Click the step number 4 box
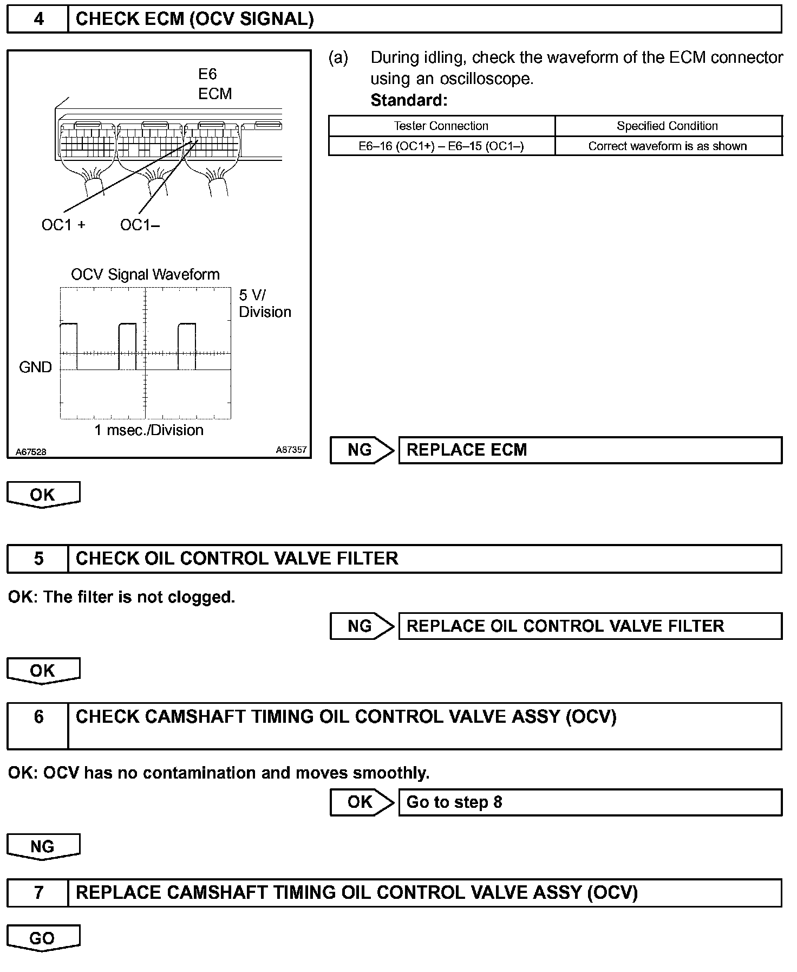click(38, 20)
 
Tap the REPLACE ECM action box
click(590, 450)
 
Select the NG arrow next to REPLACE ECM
click(362, 450)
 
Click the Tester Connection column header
click(441, 126)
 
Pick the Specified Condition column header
click(668, 126)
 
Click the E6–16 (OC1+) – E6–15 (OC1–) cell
click(441, 146)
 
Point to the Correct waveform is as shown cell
click(668, 146)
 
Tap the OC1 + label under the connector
click(63, 225)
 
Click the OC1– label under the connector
click(140, 225)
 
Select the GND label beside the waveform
click(35, 367)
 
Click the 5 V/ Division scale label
click(265, 303)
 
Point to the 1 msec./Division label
click(149, 430)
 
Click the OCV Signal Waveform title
click(145, 275)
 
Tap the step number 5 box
click(38, 559)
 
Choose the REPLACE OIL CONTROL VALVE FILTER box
click(590, 626)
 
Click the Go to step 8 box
click(590, 802)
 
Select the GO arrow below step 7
click(43, 938)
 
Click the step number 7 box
click(38, 893)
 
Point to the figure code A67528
click(31, 452)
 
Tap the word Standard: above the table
click(409, 100)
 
